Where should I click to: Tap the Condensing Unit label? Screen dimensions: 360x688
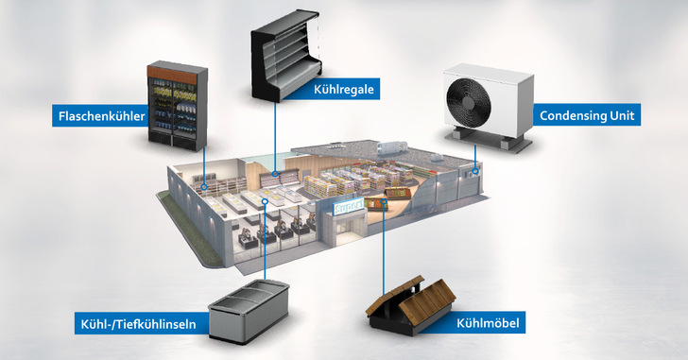coord(587,116)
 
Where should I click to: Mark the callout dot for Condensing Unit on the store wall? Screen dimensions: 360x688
coord(474,174)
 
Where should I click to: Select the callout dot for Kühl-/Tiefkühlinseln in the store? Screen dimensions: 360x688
coord(267,201)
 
